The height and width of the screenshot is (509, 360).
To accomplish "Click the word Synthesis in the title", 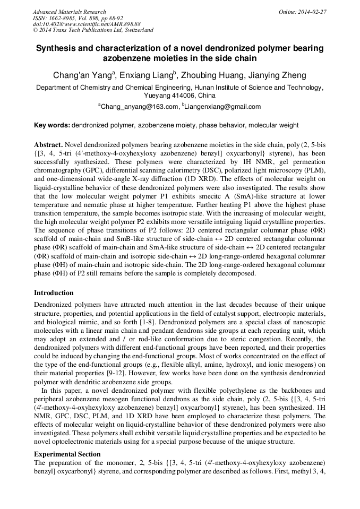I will [x=57, y=48].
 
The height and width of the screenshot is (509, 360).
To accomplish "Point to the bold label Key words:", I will [x=52, y=125].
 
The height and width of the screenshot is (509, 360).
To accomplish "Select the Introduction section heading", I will [x=54, y=293].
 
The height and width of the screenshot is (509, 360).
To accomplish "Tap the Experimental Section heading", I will [x=67, y=454].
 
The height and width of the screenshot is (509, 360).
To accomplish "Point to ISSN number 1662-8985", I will [x=59, y=18].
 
